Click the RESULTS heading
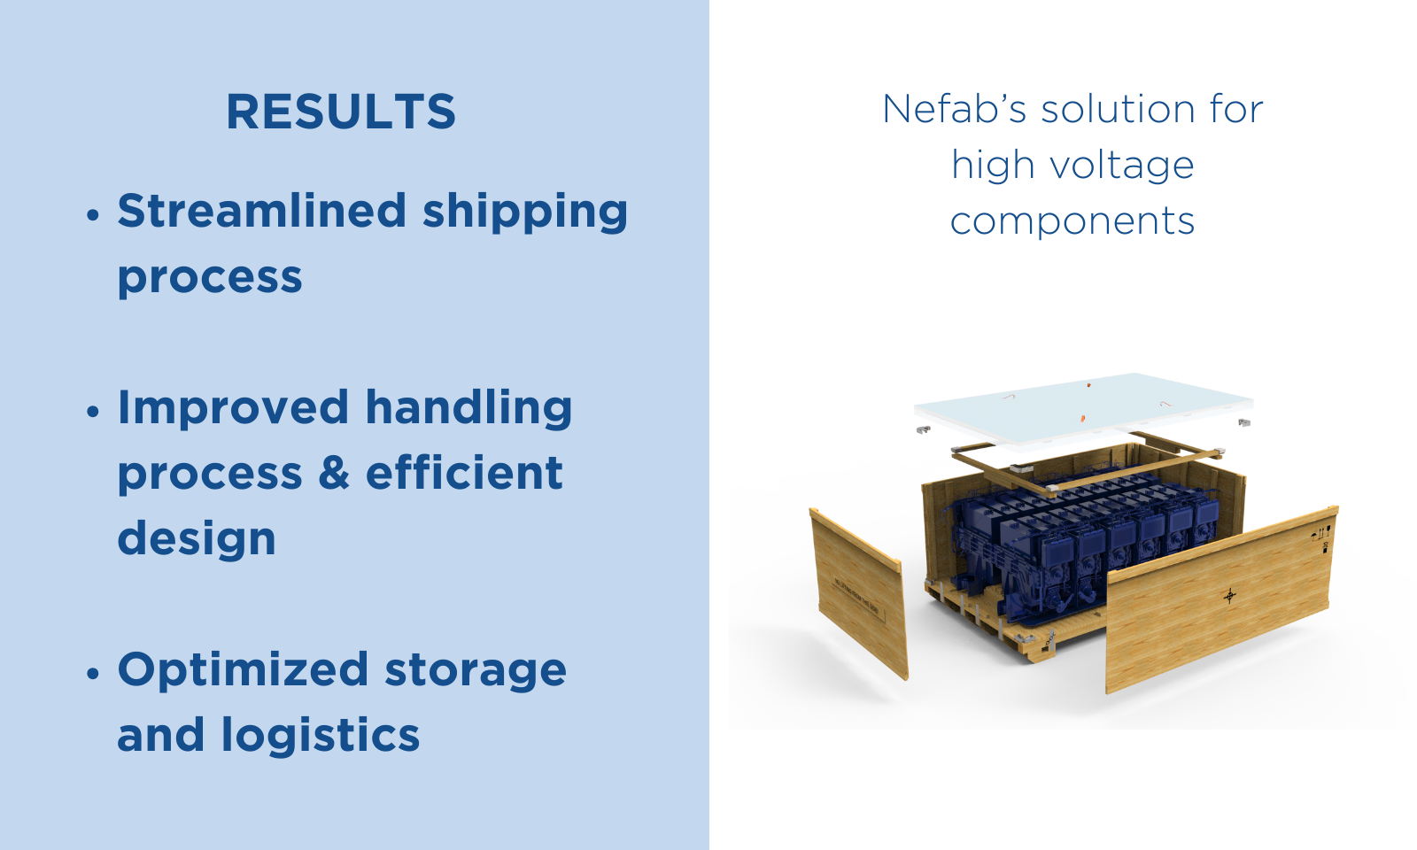pos(341,112)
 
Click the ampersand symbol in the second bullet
pos(333,473)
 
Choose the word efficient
pos(464,472)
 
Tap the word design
pos(197,539)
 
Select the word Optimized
pos(243,670)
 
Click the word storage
pos(476,673)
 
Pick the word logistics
pos(321,736)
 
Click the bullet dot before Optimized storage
pos(93,674)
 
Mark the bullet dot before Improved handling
pos(93,412)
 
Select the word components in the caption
pos(1072,222)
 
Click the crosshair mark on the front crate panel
pos(1230,596)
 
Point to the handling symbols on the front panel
pos(1321,539)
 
